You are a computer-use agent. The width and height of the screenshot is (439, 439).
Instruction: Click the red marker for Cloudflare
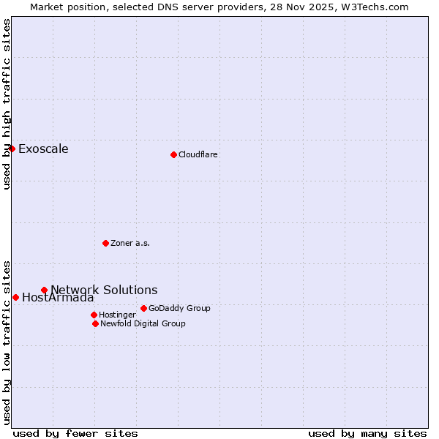point(173,154)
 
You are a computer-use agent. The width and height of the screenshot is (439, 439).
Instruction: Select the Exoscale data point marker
point(12,149)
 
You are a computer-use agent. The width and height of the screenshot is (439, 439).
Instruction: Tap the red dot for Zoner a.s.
point(105,243)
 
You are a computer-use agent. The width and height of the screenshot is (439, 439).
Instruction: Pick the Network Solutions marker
point(44,290)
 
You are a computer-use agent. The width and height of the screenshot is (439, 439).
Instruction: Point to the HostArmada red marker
point(15,297)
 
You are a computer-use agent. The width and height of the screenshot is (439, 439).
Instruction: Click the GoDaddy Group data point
point(143,308)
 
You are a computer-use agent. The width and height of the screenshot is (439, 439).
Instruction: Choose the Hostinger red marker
point(94,315)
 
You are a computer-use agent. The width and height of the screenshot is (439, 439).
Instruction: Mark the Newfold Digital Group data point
point(95,323)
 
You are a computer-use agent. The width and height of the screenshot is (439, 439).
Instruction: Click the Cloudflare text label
point(198,154)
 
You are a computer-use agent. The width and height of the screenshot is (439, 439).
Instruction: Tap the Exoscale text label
point(43,149)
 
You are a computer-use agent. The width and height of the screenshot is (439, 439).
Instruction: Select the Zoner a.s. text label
point(130,243)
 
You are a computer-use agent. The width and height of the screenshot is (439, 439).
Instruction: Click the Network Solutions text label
point(104,290)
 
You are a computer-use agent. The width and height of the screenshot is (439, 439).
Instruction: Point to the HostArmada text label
point(58,298)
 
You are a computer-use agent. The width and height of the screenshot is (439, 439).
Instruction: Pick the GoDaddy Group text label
point(179,308)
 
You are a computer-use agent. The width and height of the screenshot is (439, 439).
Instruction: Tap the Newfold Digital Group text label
point(143,323)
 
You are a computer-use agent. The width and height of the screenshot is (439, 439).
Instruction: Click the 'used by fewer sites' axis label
point(75,433)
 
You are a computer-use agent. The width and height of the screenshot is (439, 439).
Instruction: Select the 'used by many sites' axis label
point(367,433)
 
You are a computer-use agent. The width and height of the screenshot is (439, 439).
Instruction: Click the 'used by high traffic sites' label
point(7,104)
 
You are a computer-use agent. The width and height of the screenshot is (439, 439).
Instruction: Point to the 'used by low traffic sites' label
point(7,342)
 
